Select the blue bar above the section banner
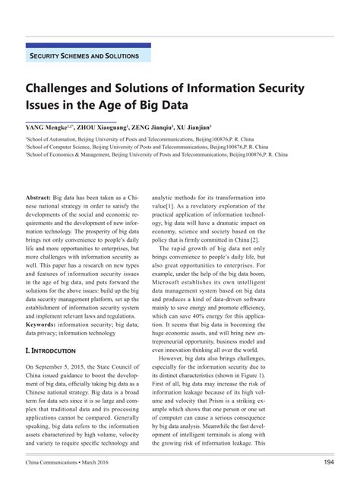87,46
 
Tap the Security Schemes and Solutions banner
84,56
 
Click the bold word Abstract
39,197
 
